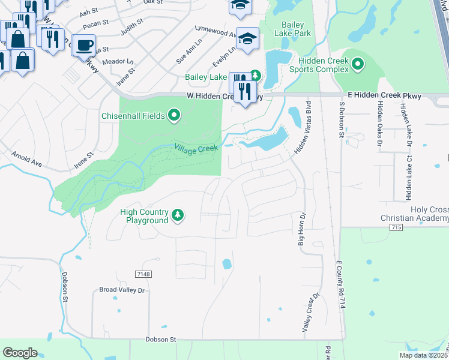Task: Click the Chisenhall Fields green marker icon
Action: click(x=174, y=115)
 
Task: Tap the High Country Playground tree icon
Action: click(x=177, y=215)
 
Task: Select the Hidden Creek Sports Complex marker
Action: click(x=358, y=64)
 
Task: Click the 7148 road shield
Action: click(x=142, y=274)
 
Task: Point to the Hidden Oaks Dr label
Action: click(x=379, y=124)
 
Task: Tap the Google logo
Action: click(x=20, y=352)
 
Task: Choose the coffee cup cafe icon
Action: click(x=84, y=44)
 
